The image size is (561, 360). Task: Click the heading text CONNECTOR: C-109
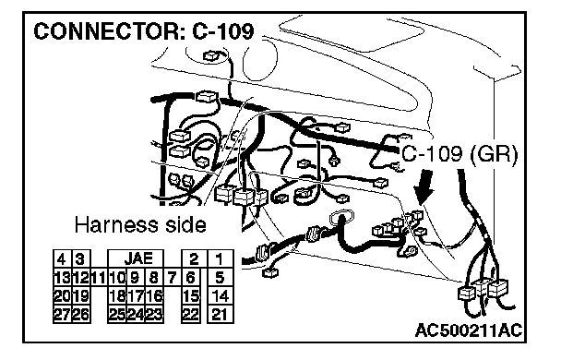point(144,31)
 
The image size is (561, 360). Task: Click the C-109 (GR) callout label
point(460,154)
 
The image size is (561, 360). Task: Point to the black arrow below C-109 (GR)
point(424,186)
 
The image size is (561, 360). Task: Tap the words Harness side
point(140,225)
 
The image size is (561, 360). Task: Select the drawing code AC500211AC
point(469,330)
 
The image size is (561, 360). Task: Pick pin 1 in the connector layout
point(220,258)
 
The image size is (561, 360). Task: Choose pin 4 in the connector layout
point(62,258)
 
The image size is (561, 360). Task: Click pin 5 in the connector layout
point(220,277)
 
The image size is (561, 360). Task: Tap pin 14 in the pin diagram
point(220,296)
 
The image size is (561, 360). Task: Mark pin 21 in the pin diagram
point(220,314)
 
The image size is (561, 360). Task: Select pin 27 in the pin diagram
point(62,314)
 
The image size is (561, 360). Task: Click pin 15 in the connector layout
point(191,296)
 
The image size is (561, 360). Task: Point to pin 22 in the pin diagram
point(191,314)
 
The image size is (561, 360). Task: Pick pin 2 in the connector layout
point(193,258)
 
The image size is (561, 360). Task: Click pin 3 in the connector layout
point(81,258)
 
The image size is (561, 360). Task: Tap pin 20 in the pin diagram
point(62,296)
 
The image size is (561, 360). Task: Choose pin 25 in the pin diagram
point(117,314)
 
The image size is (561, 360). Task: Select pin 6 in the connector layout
point(191,277)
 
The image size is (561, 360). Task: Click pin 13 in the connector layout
point(62,277)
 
